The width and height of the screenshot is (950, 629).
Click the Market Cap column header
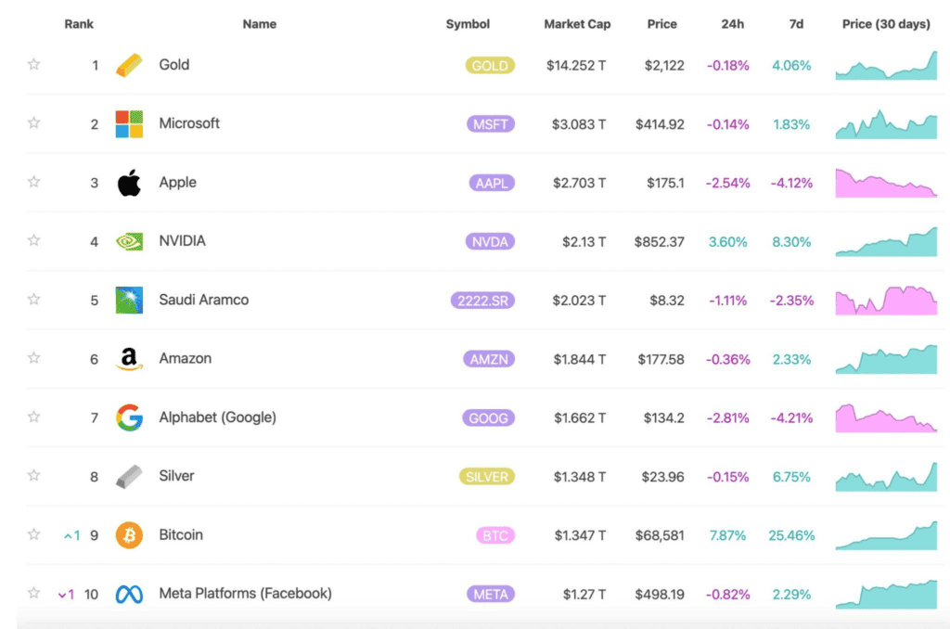pyautogui.click(x=577, y=24)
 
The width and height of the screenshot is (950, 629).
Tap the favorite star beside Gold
pyautogui.click(x=34, y=64)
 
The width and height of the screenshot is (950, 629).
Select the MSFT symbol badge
pyautogui.click(x=490, y=124)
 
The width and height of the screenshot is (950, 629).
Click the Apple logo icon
pyautogui.click(x=129, y=183)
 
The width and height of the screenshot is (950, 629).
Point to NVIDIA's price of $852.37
pyautogui.click(x=660, y=242)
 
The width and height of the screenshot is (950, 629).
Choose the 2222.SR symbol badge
pyautogui.click(x=482, y=301)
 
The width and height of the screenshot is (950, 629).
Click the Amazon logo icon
pyautogui.click(x=129, y=359)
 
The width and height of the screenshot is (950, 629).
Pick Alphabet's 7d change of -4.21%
pyautogui.click(x=791, y=418)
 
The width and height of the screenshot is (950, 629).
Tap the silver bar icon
pyautogui.click(x=129, y=476)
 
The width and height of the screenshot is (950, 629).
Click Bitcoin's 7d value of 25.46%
pyautogui.click(x=791, y=535)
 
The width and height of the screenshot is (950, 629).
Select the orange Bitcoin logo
pyautogui.click(x=129, y=535)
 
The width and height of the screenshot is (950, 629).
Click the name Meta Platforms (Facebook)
pyautogui.click(x=245, y=593)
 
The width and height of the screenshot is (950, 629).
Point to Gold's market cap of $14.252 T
pyautogui.click(x=575, y=66)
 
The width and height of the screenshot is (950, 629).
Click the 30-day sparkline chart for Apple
pyautogui.click(x=886, y=183)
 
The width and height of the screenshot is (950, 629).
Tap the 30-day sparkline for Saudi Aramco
pyautogui.click(x=886, y=301)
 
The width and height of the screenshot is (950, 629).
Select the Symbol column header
pyautogui.click(x=468, y=24)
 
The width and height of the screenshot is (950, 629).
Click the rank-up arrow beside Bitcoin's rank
pyautogui.click(x=68, y=535)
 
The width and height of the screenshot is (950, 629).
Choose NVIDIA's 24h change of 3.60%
pyautogui.click(x=727, y=242)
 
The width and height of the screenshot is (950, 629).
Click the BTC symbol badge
pyautogui.click(x=495, y=535)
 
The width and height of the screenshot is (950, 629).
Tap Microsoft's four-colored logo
pyautogui.click(x=129, y=124)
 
